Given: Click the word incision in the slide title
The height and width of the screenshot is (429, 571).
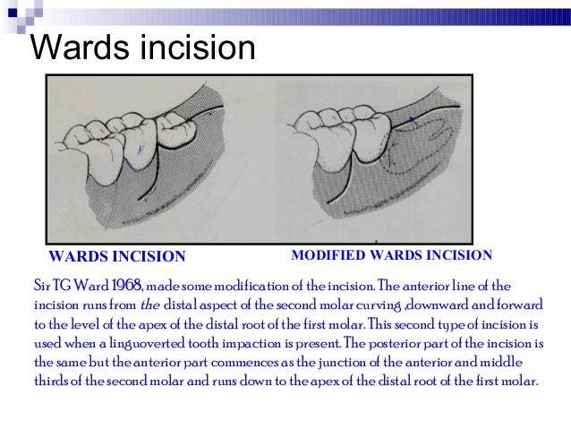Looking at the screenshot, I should pyautogui.click(x=197, y=47).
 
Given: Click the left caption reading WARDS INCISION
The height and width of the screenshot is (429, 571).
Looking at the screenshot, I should pyautogui.click(x=116, y=257).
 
